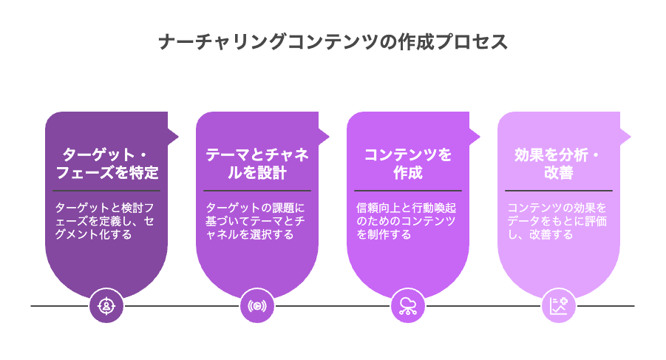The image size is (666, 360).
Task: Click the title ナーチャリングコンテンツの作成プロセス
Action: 333,42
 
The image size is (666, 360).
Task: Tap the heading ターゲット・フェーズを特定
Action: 106,163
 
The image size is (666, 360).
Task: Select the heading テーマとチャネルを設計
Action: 257,163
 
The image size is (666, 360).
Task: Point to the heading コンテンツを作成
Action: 408,163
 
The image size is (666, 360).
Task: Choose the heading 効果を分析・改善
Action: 558,163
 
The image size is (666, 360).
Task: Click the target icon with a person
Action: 106,305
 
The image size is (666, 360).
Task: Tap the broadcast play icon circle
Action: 257,305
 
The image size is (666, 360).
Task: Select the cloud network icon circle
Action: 408,305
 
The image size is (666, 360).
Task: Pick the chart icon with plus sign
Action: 559,305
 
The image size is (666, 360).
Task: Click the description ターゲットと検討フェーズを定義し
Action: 104,221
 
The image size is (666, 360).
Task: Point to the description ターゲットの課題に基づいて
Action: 255,221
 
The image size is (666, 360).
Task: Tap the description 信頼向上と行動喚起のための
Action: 406,221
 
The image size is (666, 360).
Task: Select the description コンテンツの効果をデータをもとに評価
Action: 557,221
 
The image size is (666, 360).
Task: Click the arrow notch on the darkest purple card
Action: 173,137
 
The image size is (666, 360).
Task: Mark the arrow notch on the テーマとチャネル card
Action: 324,137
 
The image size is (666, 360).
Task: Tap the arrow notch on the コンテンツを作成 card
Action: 475,137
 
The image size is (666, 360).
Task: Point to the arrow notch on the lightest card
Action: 625,137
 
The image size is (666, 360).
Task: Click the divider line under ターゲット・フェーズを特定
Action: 106,191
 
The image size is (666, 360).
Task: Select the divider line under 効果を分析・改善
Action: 559,191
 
